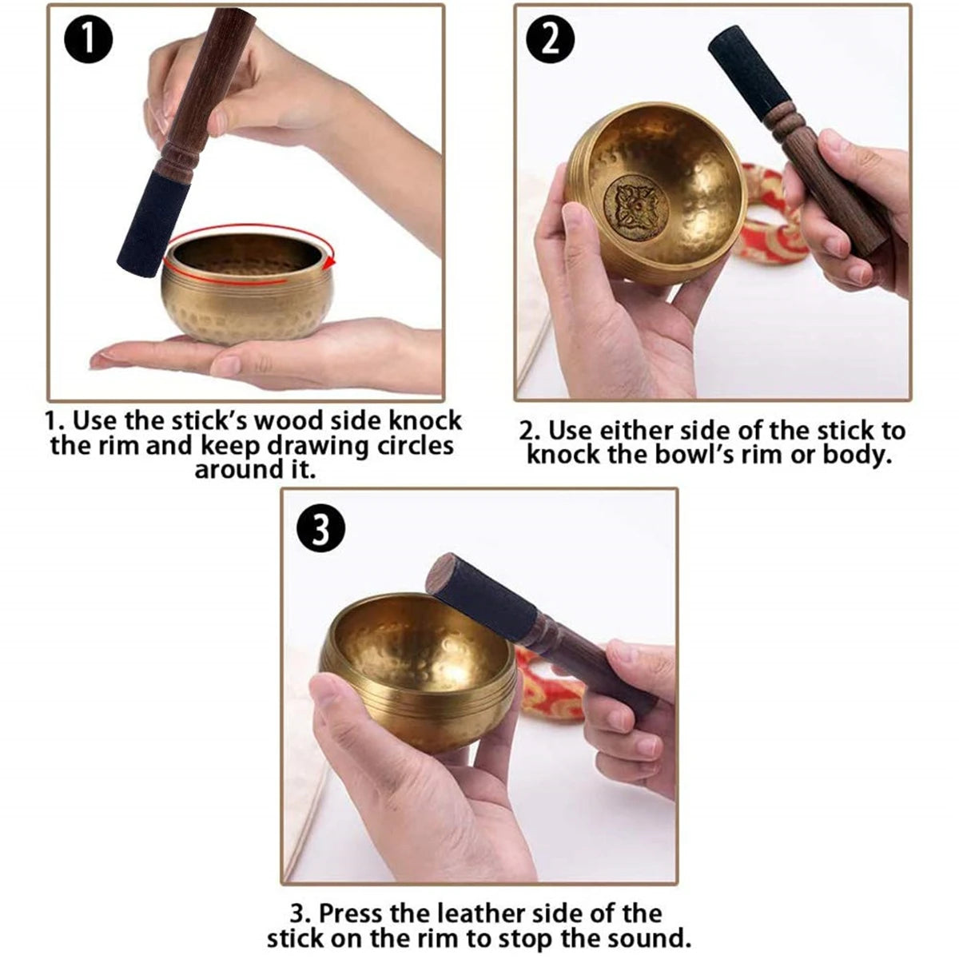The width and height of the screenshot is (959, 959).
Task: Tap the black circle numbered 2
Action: coord(551,39)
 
